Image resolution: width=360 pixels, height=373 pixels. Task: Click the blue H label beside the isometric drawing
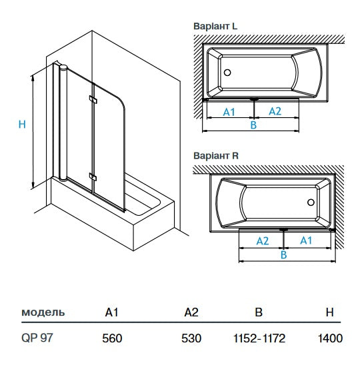[21, 124]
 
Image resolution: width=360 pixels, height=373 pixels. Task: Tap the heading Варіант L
[215, 27]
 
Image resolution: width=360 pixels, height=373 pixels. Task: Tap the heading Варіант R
[215, 156]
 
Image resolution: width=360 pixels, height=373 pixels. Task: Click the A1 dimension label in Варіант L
[229, 111]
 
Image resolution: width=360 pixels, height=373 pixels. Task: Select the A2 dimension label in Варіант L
[275, 111]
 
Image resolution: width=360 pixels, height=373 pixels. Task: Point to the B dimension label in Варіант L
[253, 125]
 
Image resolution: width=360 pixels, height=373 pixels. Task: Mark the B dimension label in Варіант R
[283, 254]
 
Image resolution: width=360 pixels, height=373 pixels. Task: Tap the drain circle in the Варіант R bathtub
[311, 202]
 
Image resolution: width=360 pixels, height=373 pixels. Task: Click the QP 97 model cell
[37, 338]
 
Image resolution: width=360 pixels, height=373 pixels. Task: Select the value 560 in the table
[112, 338]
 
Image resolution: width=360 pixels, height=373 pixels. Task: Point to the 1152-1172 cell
[260, 338]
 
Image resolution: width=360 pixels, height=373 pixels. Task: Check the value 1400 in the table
[330, 338]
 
